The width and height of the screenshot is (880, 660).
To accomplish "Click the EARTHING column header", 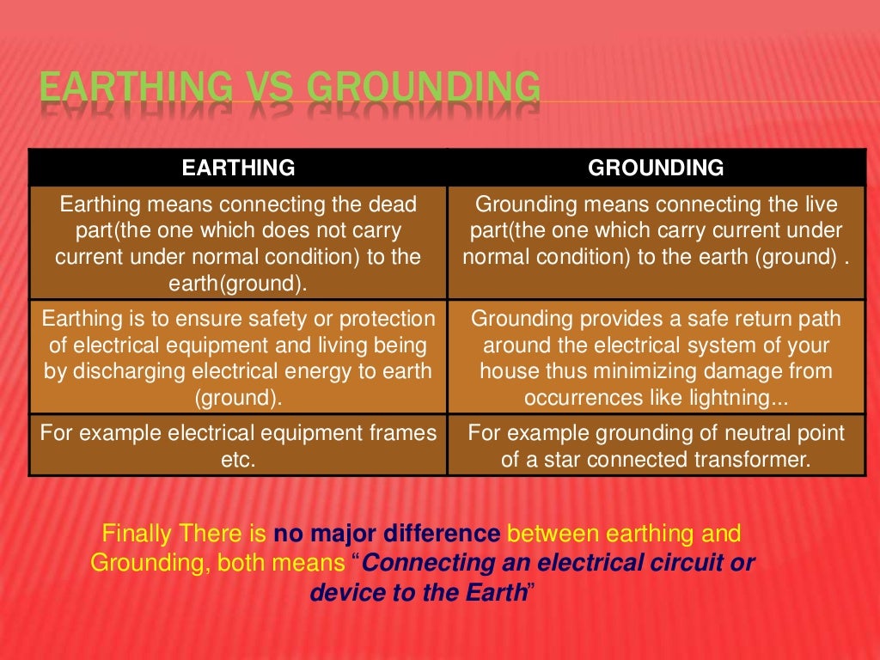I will pyautogui.click(x=238, y=168).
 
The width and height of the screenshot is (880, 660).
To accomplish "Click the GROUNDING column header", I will pyautogui.click(x=656, y=168).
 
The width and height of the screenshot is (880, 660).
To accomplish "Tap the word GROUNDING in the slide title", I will pyautogui.click(x=424, y=89).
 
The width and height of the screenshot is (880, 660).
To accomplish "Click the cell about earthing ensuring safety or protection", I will pyautogui.click(x=238, y=358).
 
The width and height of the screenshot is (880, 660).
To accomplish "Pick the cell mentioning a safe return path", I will pyautogui.click(x=656, y=358).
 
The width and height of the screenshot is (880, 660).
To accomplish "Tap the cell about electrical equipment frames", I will pyautogui.click(x=238, y=446).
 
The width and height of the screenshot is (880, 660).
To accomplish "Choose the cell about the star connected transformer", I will pyautogui.click(x=656, y=446).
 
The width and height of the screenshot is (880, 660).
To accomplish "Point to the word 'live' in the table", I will pyautogui.click(x=816, y=205).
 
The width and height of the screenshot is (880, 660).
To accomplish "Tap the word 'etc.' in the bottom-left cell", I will pyautogui.click(x=238, y=460).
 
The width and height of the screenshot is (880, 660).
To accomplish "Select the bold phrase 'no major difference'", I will pyautogui.click(x=387, y=534).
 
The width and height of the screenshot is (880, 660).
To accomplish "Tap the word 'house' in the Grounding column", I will pyautogui.click(x=509, y=371).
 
